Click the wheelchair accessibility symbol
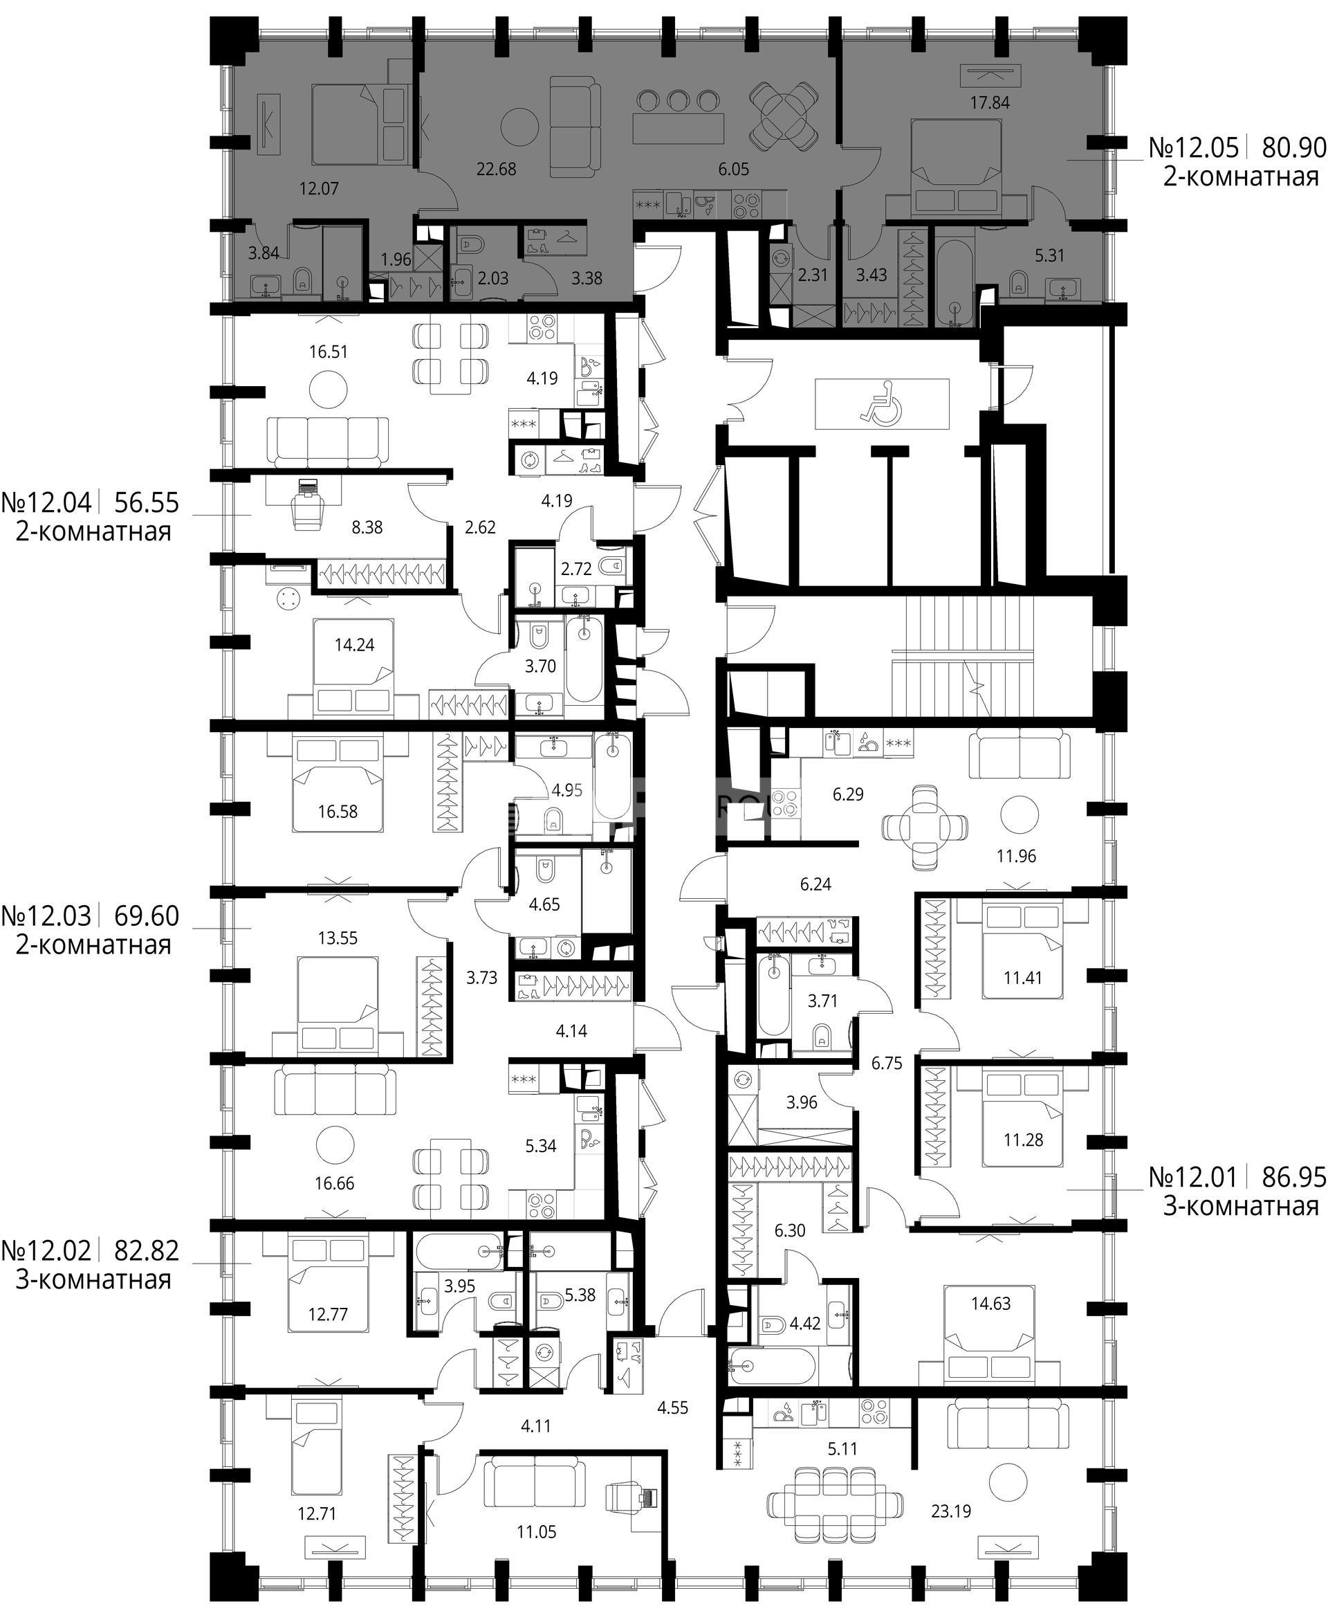click(882, 404)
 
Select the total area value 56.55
click(146, 503)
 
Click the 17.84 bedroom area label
click(990, 102)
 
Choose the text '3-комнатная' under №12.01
click(1241, 1207)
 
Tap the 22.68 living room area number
click(497, 169)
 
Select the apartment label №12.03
click(46, 915)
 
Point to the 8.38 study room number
click(367, 527)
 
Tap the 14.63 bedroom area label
click(990, 1303)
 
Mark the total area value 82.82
click(146, 1250)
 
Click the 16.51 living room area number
click(329, 352)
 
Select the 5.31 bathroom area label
click(1049, 255)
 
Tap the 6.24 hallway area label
click(815, 884)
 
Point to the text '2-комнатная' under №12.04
click(93, 531)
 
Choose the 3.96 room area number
click(802, 1102)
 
